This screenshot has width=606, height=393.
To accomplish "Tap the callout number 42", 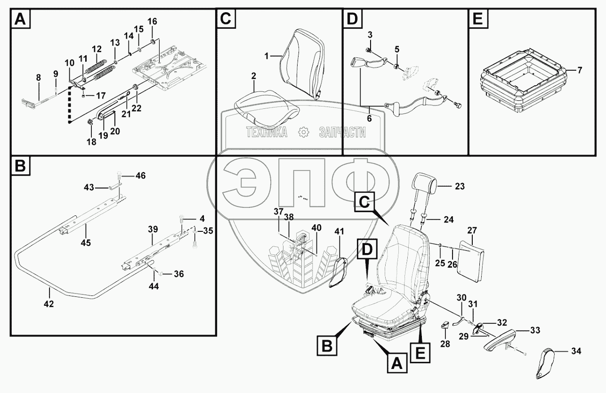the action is pyautogui.click(x=48, y=304).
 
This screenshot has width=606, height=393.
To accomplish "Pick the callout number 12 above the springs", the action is pyautogui.click(x=97, y=49).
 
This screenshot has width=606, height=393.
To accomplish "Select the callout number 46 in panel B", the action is pyautogui.click(x=140, y=175).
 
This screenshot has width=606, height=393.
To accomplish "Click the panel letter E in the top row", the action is pyautogui.click(x=478, y=19).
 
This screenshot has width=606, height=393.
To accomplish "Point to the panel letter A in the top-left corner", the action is pyautogui.click(x=21, y=19).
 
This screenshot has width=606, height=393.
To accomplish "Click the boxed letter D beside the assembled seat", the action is pyautogui.click(x=367, y=249).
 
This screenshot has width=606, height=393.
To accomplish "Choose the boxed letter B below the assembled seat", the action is pyautogui.click(x=327, y=345).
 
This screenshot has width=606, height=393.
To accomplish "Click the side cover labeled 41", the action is pyautogui.click(x=338, y=272).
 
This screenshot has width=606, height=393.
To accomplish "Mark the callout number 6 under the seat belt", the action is pyautogui.click(x=369, y=118).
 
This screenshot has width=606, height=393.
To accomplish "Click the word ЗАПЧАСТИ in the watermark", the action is pyautogui.click(x=342, y=132).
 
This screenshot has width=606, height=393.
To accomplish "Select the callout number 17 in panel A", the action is pyautogui.click(x=101, y=96).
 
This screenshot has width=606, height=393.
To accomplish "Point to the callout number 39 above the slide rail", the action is pyautogui.click(x=153, y=229).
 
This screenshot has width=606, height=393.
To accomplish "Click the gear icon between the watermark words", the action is pyautogui.click(x=303, y=132).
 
